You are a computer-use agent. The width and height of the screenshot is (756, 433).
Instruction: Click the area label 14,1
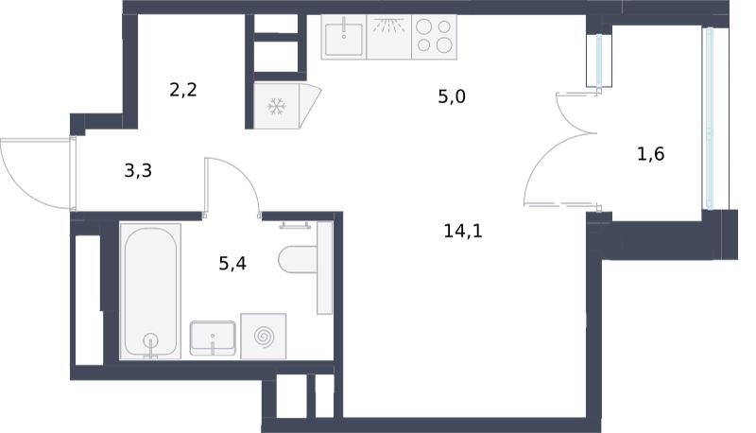(x=463, y=232)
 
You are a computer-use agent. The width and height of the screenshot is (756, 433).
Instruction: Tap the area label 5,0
(x=452, y=97)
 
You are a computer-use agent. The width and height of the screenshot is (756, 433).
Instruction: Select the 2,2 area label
(x=183, y=90)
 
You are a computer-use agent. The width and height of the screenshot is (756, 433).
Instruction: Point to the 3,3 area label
(x=138, y=170)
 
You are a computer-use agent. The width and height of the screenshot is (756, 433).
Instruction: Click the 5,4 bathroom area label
(x=232, y=263)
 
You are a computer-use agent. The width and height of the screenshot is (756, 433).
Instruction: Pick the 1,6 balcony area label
(x=650, y=154)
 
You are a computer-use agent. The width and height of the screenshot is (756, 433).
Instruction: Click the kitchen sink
(x=344, y=37)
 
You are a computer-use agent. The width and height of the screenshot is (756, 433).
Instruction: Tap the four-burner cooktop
(x=434, y=37)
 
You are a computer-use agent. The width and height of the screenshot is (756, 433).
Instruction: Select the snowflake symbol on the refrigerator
(x=276, y=107)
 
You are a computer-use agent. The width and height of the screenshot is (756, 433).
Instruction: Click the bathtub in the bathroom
(x=150, y=291)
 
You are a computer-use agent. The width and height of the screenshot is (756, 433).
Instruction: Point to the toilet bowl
(x=298, y=259)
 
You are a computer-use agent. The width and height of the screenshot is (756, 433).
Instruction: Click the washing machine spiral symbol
(x=264, y=336)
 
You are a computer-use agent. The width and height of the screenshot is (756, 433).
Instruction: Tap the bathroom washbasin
(x=213, y=338)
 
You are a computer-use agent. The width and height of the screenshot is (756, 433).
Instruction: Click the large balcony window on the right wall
(x=708, y=118)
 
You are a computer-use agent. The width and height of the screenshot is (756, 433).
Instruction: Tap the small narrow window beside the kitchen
(x=599, y=61)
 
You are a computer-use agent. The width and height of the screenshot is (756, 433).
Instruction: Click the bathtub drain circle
(x=151, y=340)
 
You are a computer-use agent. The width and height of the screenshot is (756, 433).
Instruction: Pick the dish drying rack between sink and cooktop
(x=388, y=37)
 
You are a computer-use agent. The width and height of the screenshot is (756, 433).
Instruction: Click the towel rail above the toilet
(x=295, y=225)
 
